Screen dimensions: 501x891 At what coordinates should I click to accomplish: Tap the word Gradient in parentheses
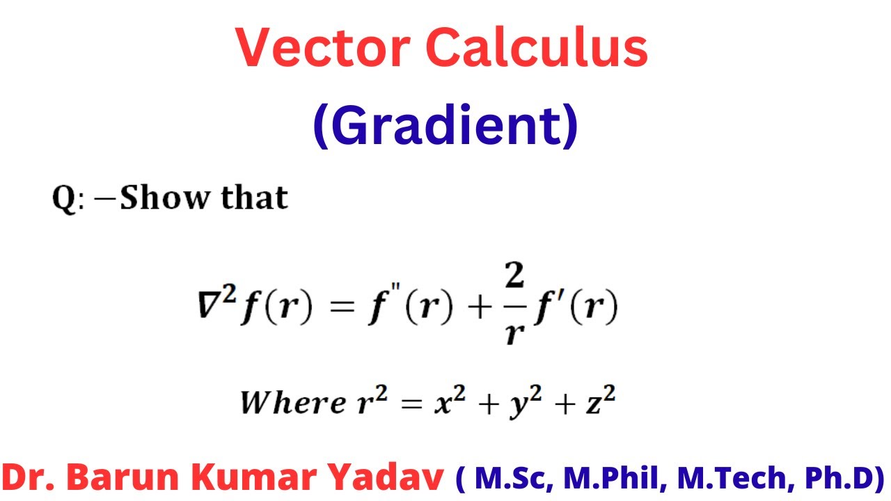pos(445,125)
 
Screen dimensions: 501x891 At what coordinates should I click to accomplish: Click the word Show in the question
pos(164,198)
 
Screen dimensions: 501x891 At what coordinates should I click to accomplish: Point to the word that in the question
pos(254,198)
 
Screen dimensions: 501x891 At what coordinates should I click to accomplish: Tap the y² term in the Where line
pos(519,404)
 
